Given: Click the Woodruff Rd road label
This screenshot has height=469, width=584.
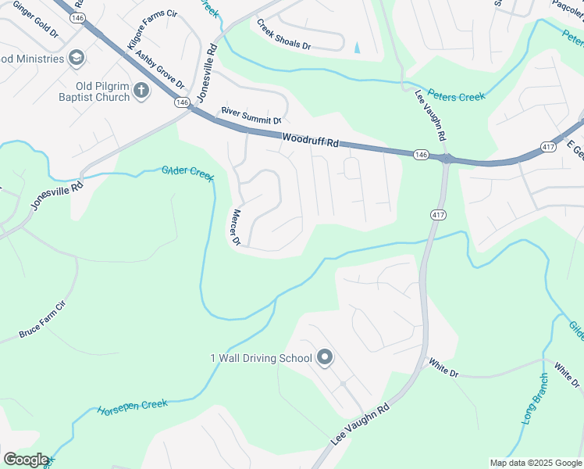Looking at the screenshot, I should pyautogui.click(x=311, y=141).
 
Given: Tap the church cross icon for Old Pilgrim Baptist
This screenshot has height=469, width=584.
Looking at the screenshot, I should pyautogui.click(x=141, y=91).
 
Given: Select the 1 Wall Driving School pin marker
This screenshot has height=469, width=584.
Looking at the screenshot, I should pyautogui.click(x=326, y=359).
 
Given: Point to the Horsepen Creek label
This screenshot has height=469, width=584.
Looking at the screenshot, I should pyautogui.click(x=132, y=407).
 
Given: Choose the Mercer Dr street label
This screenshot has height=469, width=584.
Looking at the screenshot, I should pyautogui.click(x=239, y=227).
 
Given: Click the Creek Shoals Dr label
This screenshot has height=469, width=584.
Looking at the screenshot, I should pyautogui.click(x=283, y=35).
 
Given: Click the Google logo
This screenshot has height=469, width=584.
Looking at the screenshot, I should pyautogui.click(x=26, y=460).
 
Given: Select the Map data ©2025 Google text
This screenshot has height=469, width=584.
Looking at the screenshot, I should pyautogui.click(x=535, y=463).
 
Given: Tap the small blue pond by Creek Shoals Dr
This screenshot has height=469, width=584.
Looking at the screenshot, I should pyautogui.click(x=358, y=48).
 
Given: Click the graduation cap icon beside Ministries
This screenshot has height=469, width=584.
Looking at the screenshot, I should pyautogui.click(x=77, y=58).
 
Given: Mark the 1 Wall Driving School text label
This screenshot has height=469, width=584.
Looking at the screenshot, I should pyautogui.click(x=261, y=359).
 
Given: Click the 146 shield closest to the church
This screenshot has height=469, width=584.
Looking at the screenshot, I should pyautogui.click(x=182, y=102).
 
